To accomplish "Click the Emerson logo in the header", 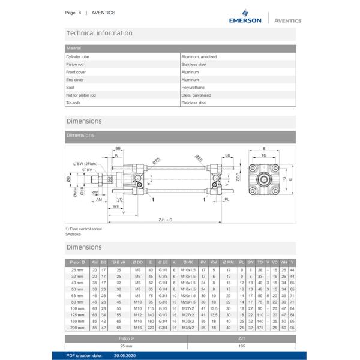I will pos(245,17).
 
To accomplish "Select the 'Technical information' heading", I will pos(100,33).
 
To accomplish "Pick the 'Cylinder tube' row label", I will pos(77,56).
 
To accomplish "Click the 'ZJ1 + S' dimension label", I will pos(165,220).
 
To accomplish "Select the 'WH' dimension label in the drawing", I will pos(116,206).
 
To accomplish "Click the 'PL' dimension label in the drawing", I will pos(226,199).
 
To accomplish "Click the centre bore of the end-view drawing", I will pos(263,179).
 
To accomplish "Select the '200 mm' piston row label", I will pos(77,328).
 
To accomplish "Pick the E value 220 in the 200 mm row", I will pos(151,328).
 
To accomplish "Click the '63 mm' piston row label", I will pos(77,296).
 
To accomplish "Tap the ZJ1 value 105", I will pos(242,346).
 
